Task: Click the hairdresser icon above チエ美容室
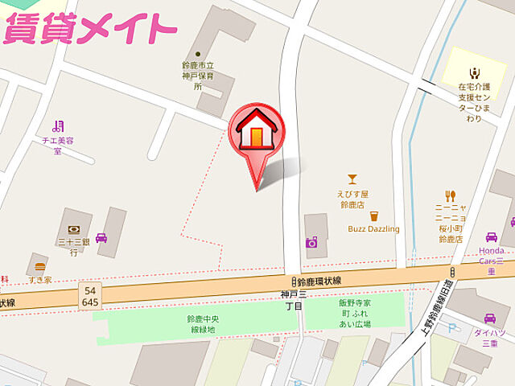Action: pyautogui.click(x=57, y=125)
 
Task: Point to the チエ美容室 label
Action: pyautogui.click(x=57, y=145)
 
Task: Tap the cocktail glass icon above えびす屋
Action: pyautogui.click(x=352, y=179)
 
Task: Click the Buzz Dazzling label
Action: pyautogui.click(x=373, y=229)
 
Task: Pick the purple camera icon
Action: pyautogui.click(x=311, y=241)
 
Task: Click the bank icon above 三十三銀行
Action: pyautogui.click(x=72, y=228)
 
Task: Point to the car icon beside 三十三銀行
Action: pyautogui.click(x=102, y=238)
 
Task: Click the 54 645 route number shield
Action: pyautogui.click(x=90, y=296)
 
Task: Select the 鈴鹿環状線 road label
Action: pyautogui.click(x=319, y=281)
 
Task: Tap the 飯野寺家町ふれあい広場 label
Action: pyautogui.click(x=354, y=313)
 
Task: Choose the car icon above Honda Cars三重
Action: pyautogui.click(x=491, y=237)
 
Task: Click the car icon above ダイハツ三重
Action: pyautogui.click(x=490, y=319)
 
